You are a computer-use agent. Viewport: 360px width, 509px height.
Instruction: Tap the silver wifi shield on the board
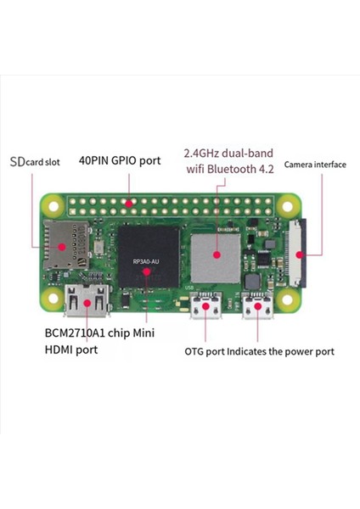tap(216, 252)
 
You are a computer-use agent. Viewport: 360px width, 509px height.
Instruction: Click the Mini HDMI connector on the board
tap(87, 301)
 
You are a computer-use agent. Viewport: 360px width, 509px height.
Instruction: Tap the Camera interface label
tap(314, 164)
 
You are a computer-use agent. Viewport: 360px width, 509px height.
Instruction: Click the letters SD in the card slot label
tap(16, 160)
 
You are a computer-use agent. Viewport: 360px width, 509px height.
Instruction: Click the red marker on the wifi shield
tap(217, 253)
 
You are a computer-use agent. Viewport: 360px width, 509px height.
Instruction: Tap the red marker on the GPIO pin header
tap(127, 203)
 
